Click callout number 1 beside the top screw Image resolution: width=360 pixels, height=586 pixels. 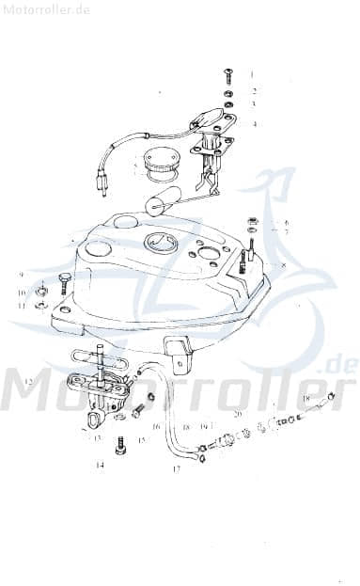click(252, 72)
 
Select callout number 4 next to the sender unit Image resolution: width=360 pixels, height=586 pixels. click(253, 122)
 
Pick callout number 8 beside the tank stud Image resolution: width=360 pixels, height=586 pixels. click(282, 266)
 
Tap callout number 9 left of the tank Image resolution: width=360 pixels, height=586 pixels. click(20, 275)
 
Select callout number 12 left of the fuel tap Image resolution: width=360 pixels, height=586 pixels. click(29, 382)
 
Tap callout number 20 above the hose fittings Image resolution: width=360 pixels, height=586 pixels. click(238, 414)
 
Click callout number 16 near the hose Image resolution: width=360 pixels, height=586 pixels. click(156, 427)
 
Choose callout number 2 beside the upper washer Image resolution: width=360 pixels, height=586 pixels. click(253, 91)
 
